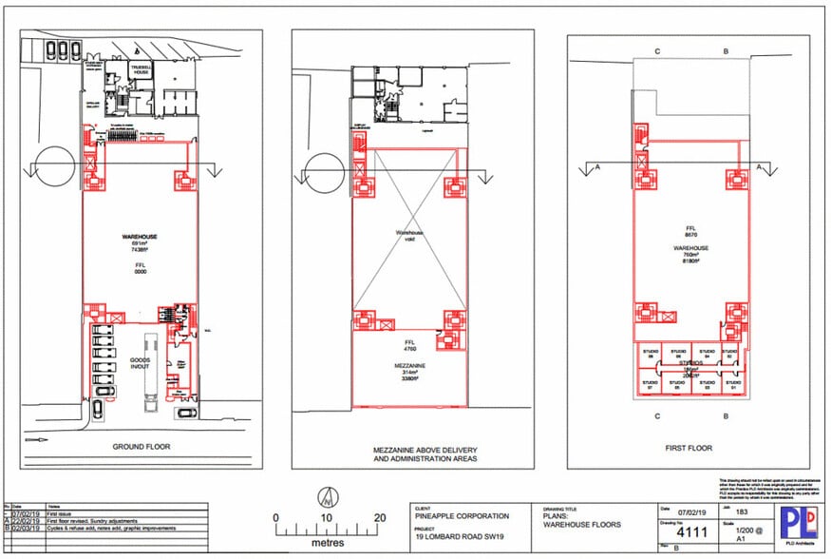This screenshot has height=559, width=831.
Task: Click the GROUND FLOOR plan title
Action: [141, 446]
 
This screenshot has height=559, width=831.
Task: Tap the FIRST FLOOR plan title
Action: [688, 446]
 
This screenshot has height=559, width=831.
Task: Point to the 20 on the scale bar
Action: [380, 518]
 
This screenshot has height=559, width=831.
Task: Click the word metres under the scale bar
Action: [328, 544]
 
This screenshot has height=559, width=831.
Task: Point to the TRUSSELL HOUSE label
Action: [142, 72]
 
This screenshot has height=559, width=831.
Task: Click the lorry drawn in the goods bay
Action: [149, 371]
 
